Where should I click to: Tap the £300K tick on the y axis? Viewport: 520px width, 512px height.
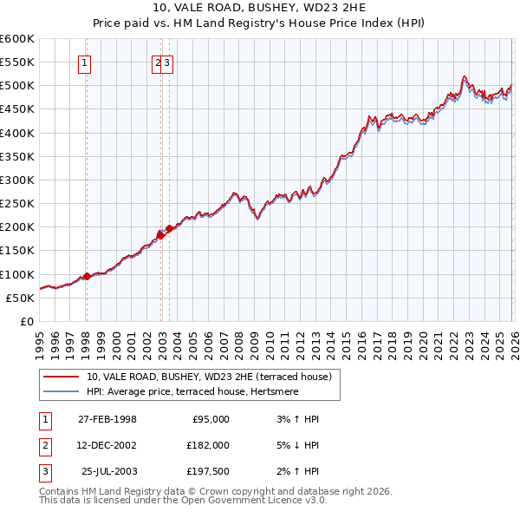[x=16, y=180]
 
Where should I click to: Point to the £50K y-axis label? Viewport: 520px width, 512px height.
[x=19, y=298]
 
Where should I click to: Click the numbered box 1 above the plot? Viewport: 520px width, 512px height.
[x=85, y=62]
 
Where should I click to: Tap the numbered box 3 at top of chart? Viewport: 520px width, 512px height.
[x=167, y=62]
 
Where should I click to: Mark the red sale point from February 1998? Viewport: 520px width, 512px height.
[x=87, y=277]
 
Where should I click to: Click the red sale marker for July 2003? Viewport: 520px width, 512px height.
[x=169, y=229]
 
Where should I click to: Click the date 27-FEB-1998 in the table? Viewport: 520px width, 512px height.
[x=107, y=419]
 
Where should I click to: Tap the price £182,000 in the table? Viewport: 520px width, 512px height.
[x=207, y=445]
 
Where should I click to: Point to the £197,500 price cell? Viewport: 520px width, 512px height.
[x=207, y=472]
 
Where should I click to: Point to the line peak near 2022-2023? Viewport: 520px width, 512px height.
[x=465, y=76]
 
